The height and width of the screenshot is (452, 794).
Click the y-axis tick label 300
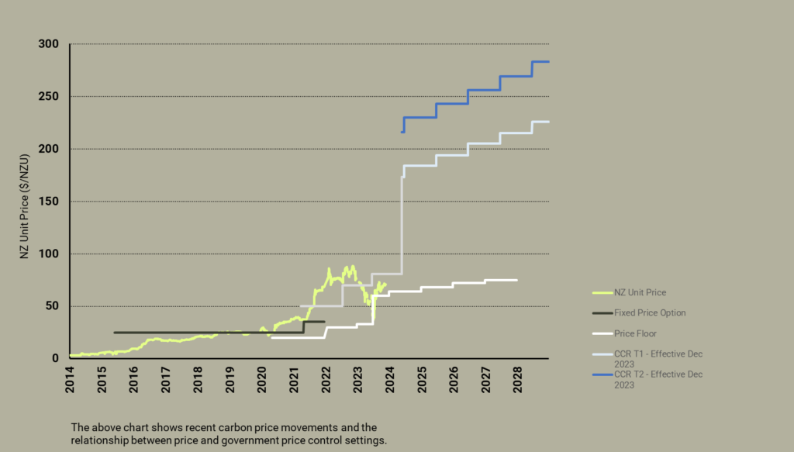coord(48,44)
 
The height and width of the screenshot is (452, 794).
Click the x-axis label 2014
coord(70,378)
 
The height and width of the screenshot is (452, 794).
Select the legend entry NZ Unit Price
coord(640,293)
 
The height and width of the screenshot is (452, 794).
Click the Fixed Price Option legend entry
coord(650,313)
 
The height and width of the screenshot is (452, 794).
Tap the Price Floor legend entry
coord(635,333)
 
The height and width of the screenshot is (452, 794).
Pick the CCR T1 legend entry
coord(658,358)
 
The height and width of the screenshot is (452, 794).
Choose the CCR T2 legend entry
coord(658,379)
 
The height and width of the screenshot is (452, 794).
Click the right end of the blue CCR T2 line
coord(548,61)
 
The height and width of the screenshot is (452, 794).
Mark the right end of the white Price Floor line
coord(516,280)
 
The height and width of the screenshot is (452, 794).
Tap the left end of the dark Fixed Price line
coord(115,333)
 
